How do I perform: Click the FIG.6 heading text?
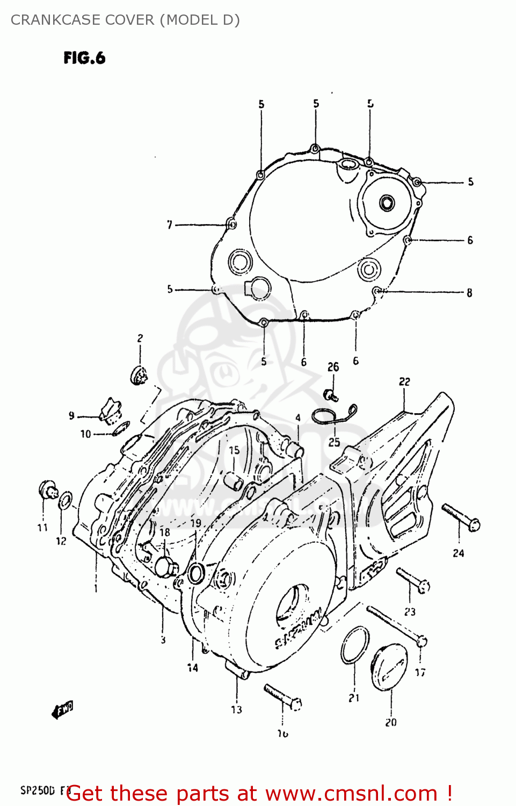[84, 58]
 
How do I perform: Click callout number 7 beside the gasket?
[170, 225]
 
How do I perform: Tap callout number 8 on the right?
[469, 293]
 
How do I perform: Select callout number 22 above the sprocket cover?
[404, 382]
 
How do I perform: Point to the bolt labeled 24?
[461, 517]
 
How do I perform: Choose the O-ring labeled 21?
[355, 645]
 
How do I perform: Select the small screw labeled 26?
[331, 395]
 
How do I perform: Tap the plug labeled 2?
[139, 375]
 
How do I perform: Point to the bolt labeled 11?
[48, 490]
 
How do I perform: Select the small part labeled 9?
[111, 412]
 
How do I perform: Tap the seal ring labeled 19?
[196, 573]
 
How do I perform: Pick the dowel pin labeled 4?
[296, 449]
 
